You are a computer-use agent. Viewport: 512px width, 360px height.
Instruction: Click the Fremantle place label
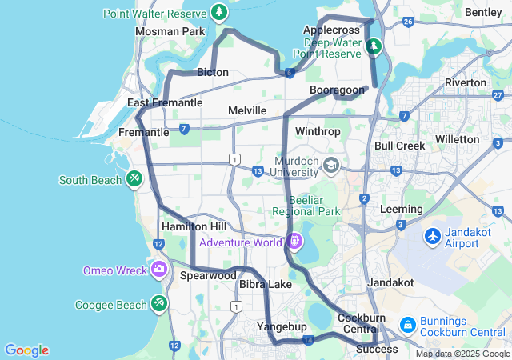pyautogui.click(x=143, y=131)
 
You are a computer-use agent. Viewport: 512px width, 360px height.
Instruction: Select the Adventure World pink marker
pyautogui.click(x=294, y=240)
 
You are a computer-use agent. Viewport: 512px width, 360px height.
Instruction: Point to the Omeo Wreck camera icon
pyautogui.click(x=158, y=270)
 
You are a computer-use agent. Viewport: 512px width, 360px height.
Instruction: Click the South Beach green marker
pyautogui.click(x=134, y=179)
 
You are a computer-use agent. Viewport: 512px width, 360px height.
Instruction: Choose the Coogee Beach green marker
pyautogui.click(x=158, y=304)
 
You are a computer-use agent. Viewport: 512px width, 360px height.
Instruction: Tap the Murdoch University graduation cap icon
pyautogui.click(x=330, y=166)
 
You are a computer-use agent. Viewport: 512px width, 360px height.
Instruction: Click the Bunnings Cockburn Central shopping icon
pyautogui.click(x=407, y=324)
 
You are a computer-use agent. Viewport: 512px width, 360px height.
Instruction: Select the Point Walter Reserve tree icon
pyautogui.click(x=218, y=12)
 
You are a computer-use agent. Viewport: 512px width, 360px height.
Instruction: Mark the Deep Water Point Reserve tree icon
pyautogui.click(x=373, y=47)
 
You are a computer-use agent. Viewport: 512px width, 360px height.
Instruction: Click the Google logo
pyautogui.click(x=26, y=350)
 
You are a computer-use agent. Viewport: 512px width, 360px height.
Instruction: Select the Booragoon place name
pyautogui.click(x=337, y=90)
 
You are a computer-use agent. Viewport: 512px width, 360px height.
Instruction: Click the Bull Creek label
pyautogui.click(x=399, y=146)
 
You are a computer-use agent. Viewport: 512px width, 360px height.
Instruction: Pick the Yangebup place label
pyautogui.click(x=278, y=326)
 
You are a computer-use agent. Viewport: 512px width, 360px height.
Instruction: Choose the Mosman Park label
pyautogui.click(x=170, y=31)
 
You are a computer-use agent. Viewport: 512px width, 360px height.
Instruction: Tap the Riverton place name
pyautogui.click(x=466, y=82)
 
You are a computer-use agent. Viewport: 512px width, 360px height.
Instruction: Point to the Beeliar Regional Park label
pyautogui.click(x=306, y=206)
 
